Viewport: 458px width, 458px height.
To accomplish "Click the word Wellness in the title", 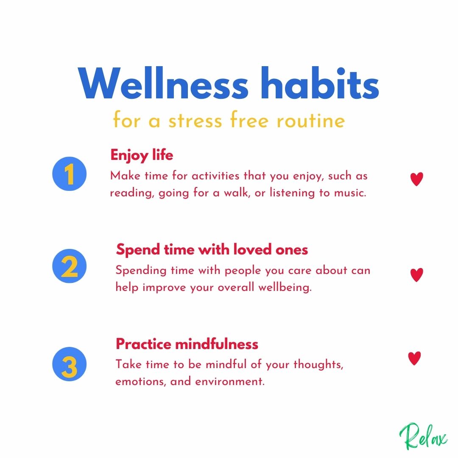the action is click(163, 84).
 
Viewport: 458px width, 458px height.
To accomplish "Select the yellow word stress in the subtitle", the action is click(195, 120).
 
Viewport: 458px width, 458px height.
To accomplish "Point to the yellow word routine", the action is click(311, 120).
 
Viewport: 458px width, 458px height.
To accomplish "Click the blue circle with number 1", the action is click(70, 174).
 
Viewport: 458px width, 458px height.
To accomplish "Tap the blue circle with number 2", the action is click(70, 266).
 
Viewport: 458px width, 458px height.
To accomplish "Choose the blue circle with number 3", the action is click(70, 364).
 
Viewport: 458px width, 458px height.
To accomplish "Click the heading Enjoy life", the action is click(142, 155).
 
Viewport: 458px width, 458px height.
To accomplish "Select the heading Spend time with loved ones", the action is click(212, 250).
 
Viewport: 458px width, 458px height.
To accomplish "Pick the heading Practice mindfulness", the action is click(187, 344).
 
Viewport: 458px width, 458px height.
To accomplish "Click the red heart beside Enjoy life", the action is click(416, 179).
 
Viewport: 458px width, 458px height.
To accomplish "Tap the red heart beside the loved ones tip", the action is click(416, 275).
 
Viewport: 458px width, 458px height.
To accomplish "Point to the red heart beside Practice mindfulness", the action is click(414, 358).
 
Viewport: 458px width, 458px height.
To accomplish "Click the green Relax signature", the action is click(423, 437).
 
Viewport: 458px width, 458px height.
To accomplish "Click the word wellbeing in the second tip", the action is click(285, 287).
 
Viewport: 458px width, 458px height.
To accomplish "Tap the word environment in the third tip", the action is click(230, 382).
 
